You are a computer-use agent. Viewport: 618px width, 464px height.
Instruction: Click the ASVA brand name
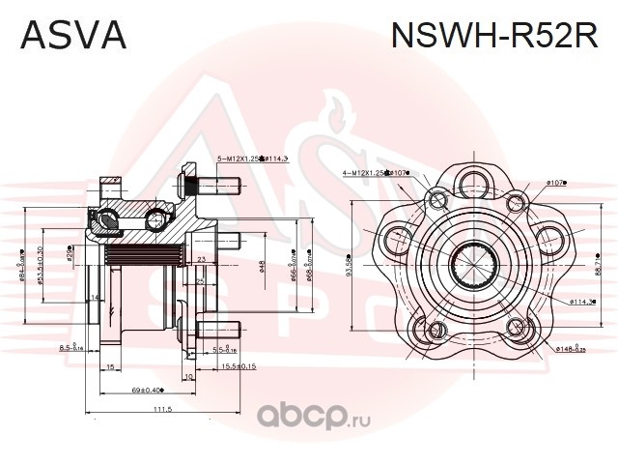73,36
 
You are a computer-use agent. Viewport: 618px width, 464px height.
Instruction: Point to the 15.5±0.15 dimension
236,366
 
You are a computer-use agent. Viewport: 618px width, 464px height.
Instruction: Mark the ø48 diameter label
262,266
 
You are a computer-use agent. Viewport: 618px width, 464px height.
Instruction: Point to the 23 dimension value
201,259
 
